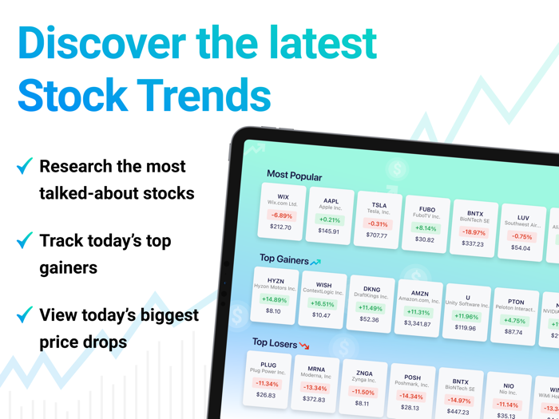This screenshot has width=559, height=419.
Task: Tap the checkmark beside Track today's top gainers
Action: click(x=25, y=240)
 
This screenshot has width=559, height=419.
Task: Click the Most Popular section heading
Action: click(x=294, y=176)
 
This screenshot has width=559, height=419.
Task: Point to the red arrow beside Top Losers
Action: click(x=304, y=346)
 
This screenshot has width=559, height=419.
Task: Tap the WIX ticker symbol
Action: click(x=283, y=196)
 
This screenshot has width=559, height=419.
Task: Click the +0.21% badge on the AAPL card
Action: click(x=329, y=219)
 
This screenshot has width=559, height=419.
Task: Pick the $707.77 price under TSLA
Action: click(x=376, y=235)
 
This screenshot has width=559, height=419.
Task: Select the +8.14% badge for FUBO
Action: click(x=426, y=228)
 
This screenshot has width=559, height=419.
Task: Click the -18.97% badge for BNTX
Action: click(x=474, y=232)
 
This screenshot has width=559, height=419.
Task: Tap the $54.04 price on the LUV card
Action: click(x=521, y=247)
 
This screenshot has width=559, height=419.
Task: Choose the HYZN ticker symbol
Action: click(x=276, y=281)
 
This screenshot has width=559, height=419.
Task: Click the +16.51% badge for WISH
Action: click(x=322, y=304)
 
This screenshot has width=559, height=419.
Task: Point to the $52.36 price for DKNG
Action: click(x=369, y=319)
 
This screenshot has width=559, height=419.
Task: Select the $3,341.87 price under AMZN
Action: click(x=417, y=323)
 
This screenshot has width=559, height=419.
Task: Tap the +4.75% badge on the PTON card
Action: click(x=514, y=321)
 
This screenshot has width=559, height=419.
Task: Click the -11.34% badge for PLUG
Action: click(x=267, y=384)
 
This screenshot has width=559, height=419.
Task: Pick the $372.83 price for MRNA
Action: click(x=314, y=399)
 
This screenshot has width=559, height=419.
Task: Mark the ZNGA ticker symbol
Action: click(x=364, y=373)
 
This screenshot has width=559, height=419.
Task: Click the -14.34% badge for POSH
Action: click(x=411, y=396)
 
